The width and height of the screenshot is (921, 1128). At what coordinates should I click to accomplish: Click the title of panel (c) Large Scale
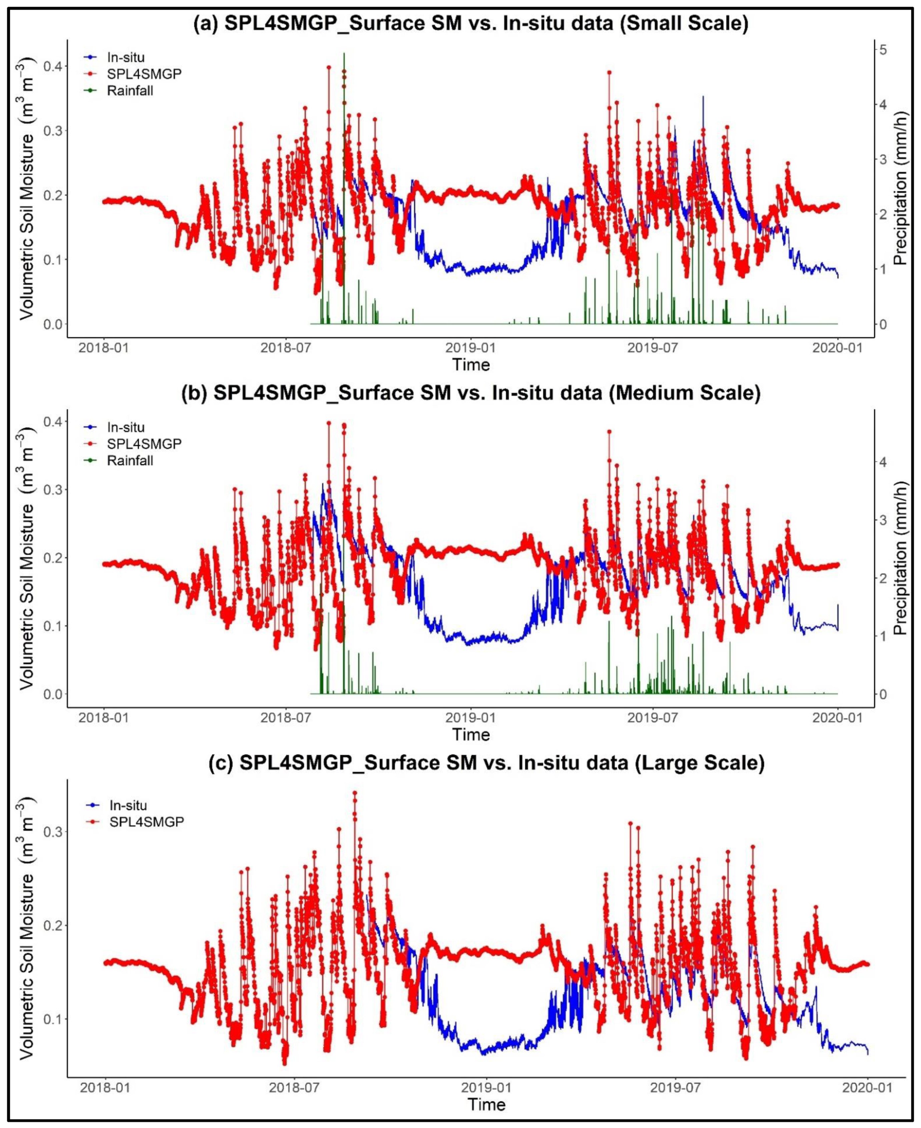(x=502, y=763)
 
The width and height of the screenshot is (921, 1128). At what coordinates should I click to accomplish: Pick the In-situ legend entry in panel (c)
(x=128, y=806)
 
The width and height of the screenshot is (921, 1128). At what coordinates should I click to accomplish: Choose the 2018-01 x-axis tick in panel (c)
(x=106, y=1087)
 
